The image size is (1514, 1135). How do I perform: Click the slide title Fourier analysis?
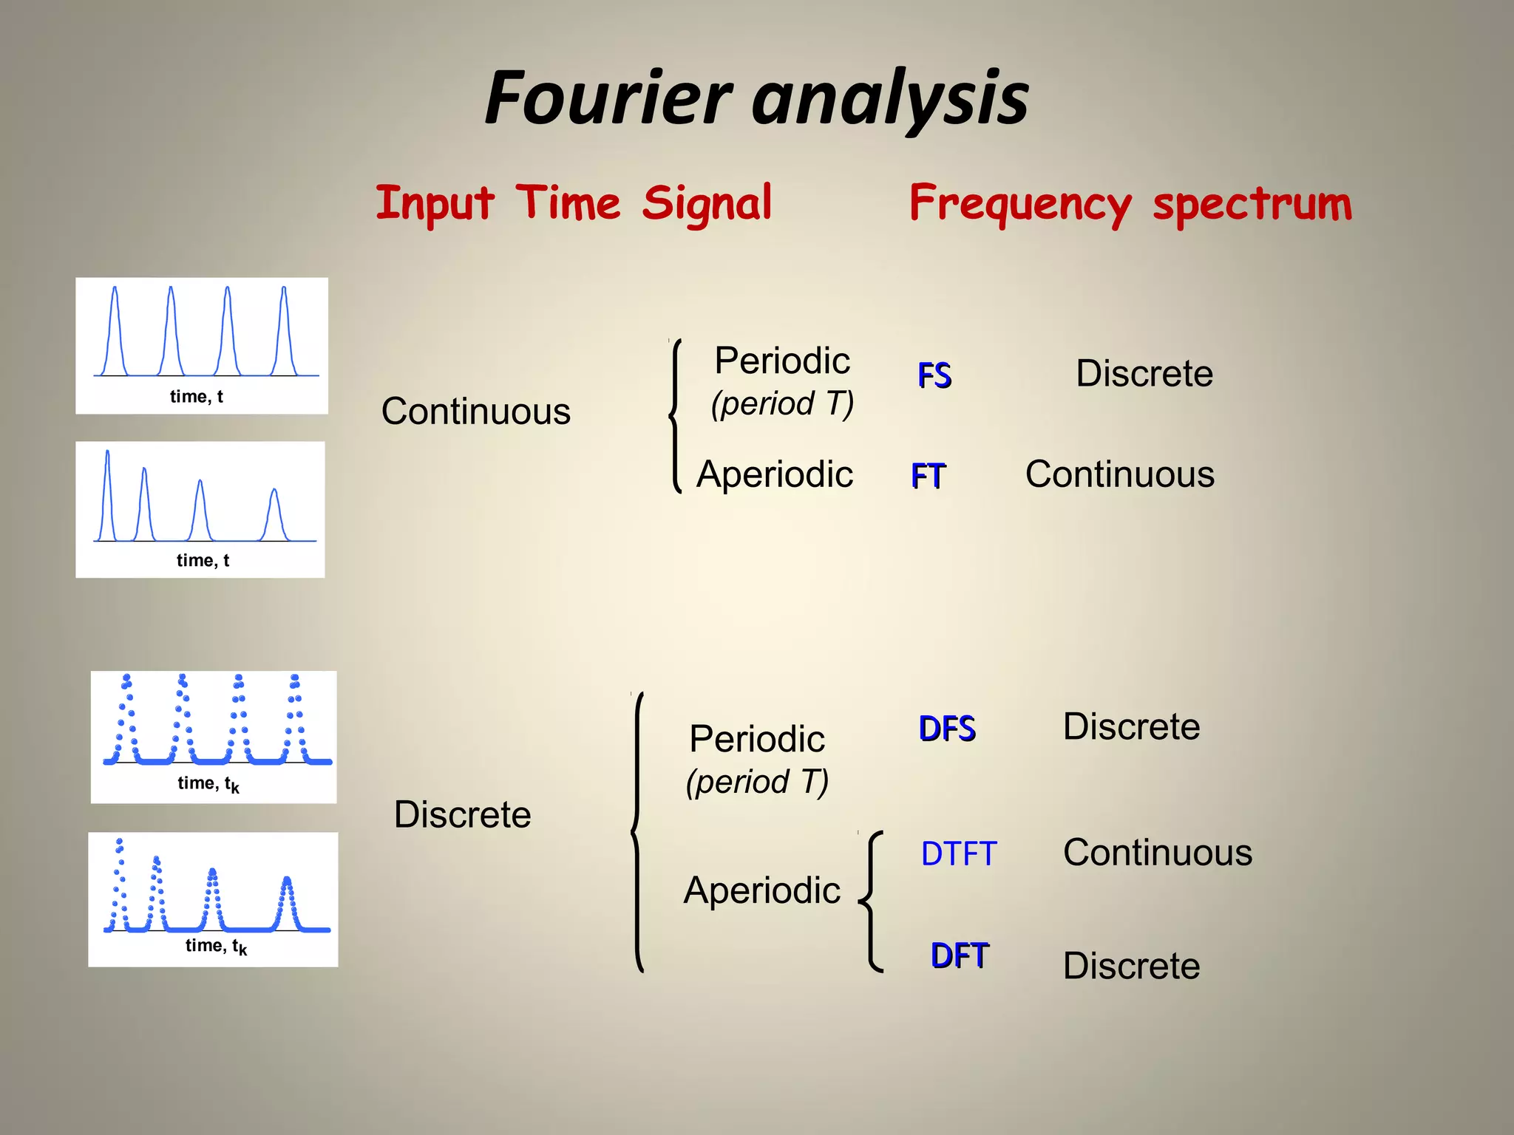point(756,98)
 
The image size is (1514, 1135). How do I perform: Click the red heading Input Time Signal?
point(574,203)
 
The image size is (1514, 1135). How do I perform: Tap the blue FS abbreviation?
point(934,375)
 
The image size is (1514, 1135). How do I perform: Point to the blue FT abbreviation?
point(928,476)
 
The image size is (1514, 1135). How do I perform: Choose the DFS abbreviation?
point(947,729)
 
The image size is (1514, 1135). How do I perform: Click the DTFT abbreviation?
point(959,854)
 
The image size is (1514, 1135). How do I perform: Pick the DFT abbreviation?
point(959,955)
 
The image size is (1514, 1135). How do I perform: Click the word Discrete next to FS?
point(1144,374)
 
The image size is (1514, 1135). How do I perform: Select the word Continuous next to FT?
point(1119,474)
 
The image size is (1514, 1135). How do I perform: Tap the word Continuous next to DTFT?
point(1157,853)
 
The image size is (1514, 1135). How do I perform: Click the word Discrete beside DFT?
point(1131,966)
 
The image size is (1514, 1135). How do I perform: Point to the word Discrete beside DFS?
point(1131,727)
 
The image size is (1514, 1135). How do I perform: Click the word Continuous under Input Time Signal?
point(475,412)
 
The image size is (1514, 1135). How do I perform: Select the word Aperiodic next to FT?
point(774,474)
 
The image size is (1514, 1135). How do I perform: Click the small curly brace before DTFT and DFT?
point(872,901)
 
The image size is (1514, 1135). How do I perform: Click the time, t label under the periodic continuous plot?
point(196,397)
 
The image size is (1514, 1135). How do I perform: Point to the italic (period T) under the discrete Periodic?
point(757,782)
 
